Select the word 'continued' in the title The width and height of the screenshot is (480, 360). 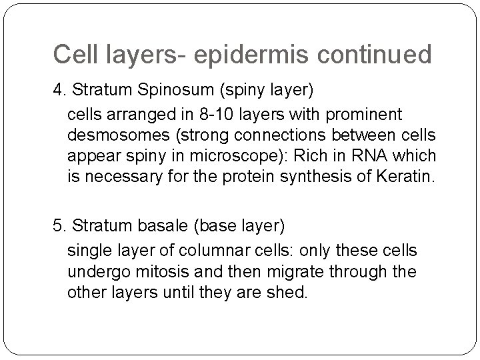pyautogui.click(x=378, y=55)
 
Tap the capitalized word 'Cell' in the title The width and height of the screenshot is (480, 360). pyautogui.click(x=75, y=55)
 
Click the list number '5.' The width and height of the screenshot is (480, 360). pyautogui.click(x=59, y=227)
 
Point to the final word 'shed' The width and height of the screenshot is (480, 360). pyautogui.click(x=288, y=293)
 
